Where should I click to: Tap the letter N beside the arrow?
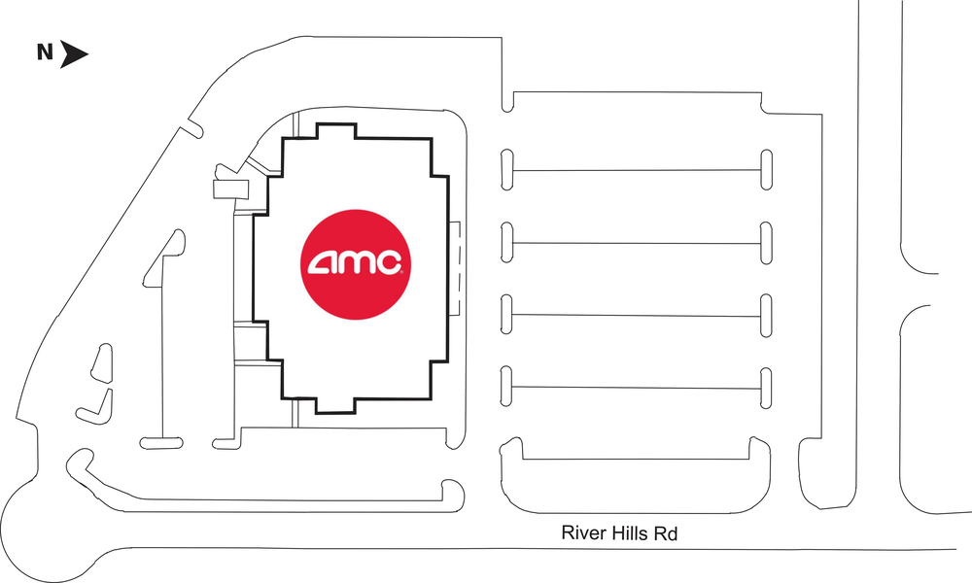[45, 53]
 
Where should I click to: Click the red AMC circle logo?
[356, 262]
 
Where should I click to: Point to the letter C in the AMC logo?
[389, 262]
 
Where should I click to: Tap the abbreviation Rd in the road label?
[674, 533]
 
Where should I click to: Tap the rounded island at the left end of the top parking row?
[506, 169]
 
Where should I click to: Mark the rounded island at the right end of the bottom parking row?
[767, 387]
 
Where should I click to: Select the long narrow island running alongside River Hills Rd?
[262, 496]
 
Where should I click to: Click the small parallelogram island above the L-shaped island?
[99, 362]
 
